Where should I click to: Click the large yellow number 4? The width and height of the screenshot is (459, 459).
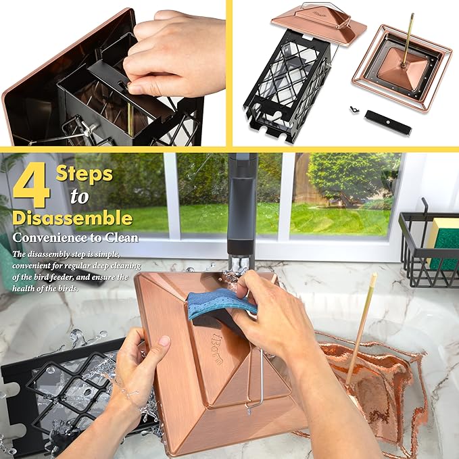(x=31, y=185)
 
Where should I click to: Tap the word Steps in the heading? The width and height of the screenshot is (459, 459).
(x=84, y=174)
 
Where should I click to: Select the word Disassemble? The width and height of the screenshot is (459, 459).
(x=72, y=218)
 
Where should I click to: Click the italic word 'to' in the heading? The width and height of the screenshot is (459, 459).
(x=80, y=196)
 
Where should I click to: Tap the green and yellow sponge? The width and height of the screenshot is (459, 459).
(x=443, y=243)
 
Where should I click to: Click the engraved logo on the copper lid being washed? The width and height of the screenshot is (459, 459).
(x=217, y=349)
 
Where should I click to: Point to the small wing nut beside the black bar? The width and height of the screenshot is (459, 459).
(x=354, y=110)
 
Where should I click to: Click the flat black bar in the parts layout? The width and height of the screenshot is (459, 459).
(x=388, y=123)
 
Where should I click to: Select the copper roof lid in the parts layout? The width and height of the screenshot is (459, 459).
(x=319, y=24)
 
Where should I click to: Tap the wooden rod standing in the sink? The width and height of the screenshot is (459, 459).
(x=361, y=328)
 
